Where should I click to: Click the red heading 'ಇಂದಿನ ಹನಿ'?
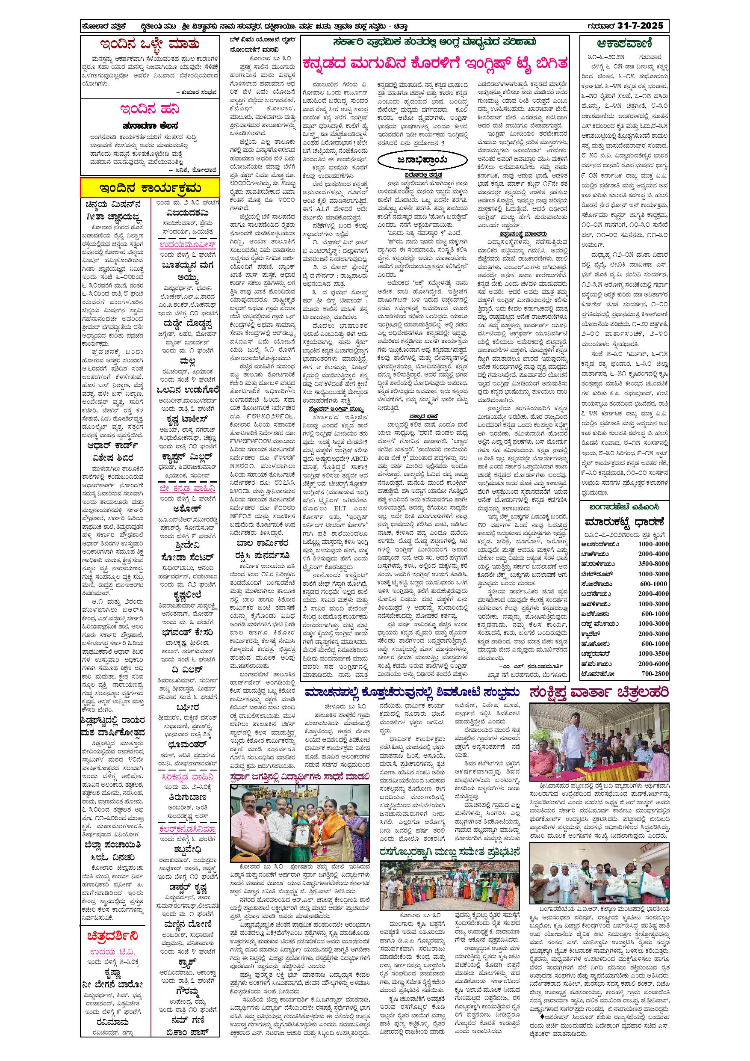tap(150, 110)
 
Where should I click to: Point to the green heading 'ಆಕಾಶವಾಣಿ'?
tap(624, 44)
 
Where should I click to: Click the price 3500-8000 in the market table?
tap(653, 564)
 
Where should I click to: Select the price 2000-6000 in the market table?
tap(653, 664)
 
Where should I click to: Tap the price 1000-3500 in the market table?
tap(653, 653)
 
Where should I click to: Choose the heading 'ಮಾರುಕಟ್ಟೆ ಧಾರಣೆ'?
tap(624, 523)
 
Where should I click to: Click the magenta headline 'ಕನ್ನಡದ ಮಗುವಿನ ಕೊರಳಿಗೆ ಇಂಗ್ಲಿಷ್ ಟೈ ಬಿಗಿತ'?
tap(434, 63)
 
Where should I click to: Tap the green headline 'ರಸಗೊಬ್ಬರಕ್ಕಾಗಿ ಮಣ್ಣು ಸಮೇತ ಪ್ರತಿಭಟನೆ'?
tap(450, 851)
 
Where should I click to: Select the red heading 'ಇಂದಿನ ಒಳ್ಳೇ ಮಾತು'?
tap(150, 45)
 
